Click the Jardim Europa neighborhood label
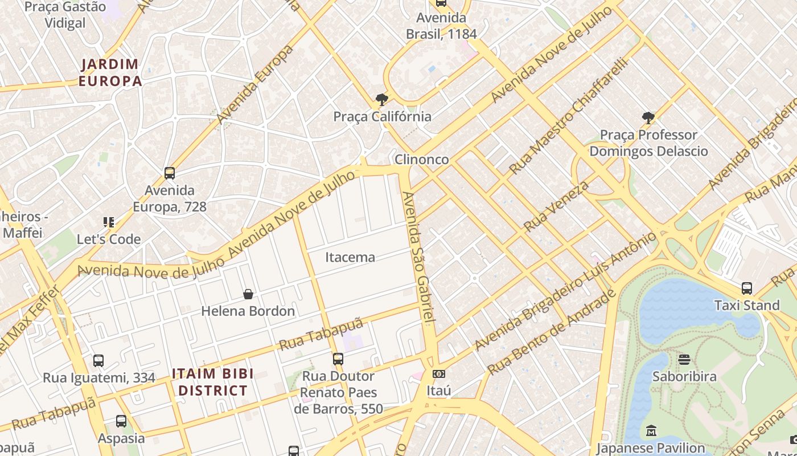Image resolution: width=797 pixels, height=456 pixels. point(110,72)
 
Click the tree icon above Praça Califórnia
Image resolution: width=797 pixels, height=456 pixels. point(382,100)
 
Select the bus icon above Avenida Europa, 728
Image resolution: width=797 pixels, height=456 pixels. point(169,173)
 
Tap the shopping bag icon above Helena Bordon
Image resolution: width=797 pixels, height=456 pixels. point(248,295)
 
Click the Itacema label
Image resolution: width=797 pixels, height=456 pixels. point(350,257)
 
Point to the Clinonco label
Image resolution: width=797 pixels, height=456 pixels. point(422,160)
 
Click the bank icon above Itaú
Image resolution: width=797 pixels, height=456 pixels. point(438,374)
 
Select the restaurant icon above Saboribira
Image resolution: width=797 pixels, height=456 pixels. point(684,360)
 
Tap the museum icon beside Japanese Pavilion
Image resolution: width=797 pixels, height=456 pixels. point(651,431)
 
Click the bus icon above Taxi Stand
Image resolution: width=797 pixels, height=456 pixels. point(747,288)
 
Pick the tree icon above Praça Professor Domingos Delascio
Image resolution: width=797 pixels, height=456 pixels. point(648,118)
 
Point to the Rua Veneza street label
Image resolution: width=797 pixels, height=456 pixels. point(556,206)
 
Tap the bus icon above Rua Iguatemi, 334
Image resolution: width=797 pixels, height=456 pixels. point(98,361)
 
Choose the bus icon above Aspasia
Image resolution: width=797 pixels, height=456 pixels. point(121,422)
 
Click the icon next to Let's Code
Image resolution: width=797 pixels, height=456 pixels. point(109,222)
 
